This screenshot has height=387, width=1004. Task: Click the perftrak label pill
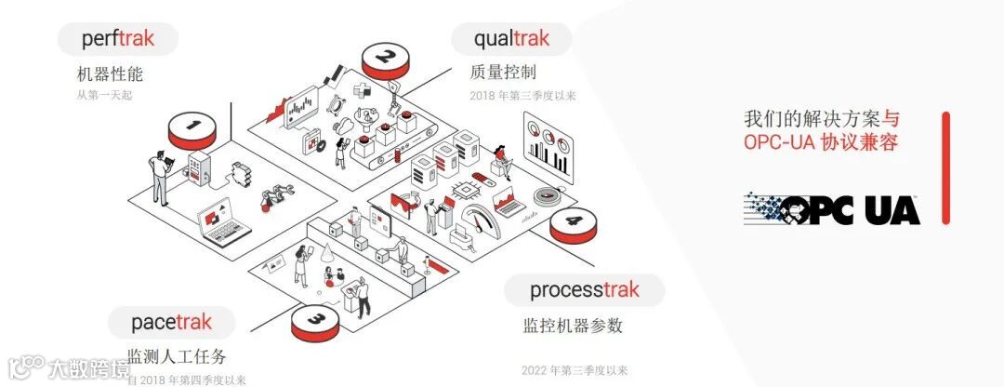pos(118,39)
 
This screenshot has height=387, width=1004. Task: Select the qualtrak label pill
pos(511,39)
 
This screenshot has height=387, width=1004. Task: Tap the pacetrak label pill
pos(171,322)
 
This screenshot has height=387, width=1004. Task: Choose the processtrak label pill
pos(585,289)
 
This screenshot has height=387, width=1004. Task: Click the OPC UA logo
pos(832,209)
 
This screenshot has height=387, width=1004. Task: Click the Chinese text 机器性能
pos(110,74)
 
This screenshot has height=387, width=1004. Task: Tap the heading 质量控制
pos(503,73)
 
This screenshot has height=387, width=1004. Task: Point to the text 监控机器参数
pos(573,326)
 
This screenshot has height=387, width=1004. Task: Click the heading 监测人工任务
pos(177,357)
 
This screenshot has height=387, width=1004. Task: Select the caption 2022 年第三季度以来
pos(575,370)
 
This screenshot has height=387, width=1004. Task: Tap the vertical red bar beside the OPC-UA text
pos(945,167)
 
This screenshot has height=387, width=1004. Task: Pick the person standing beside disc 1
pos(161,177)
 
